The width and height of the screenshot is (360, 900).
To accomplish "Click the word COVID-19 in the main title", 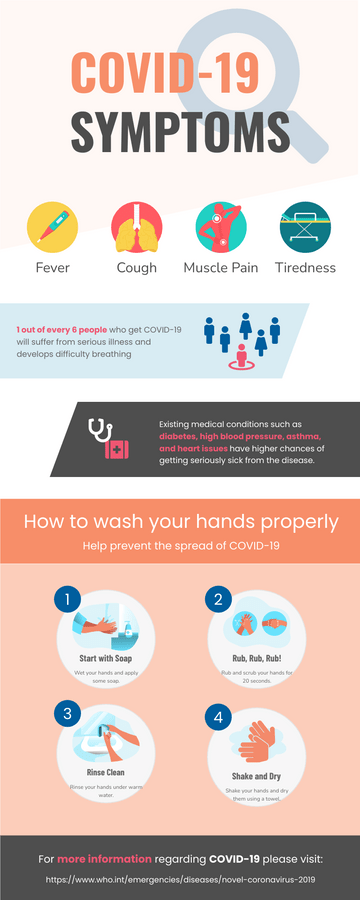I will pos(165,76).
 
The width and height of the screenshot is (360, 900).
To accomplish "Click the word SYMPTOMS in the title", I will pos(180,131).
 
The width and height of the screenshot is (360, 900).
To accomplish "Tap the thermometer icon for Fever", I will pos(52,226).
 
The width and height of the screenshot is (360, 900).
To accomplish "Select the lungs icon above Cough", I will pos(136,226).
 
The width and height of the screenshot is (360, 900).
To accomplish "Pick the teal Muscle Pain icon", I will pos(220,226).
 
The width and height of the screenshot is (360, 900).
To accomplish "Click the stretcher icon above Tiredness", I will pos(305,226).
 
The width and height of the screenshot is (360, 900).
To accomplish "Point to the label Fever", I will pos(52,268).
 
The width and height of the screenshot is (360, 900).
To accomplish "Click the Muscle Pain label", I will pos(220,268).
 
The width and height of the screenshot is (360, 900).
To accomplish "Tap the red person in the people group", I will pos(240,355).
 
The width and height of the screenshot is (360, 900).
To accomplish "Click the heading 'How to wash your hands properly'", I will pos(180,522).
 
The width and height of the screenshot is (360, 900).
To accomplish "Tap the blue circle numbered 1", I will pos(67,600).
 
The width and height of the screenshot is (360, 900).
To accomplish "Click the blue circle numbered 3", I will pos(67,713).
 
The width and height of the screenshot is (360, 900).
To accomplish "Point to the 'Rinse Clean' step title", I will pos(105,772).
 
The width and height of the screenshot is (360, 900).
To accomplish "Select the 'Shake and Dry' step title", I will pos(255,775).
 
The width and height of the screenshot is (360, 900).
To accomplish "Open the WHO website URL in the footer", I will pos(180,880).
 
